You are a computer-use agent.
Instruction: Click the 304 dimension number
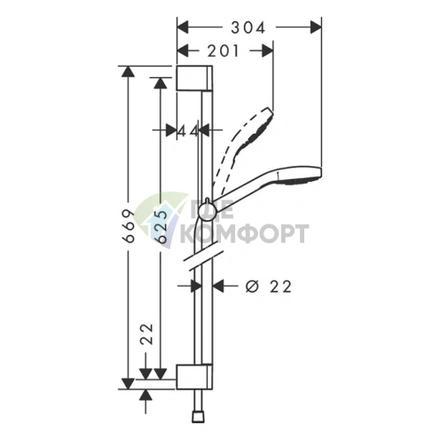point(247,28)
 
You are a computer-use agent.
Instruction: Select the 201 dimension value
point(223,51)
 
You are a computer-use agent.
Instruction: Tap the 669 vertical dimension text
point(129,226)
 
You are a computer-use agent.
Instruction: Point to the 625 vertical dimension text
point(161,226)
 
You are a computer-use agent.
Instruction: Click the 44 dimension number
point(188,131)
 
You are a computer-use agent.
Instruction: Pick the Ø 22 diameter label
point(269,287)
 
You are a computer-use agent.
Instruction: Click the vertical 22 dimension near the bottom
point(146,334)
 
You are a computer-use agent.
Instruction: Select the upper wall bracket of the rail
point(194,78)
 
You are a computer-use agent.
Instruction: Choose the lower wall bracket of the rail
point(194,377)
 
